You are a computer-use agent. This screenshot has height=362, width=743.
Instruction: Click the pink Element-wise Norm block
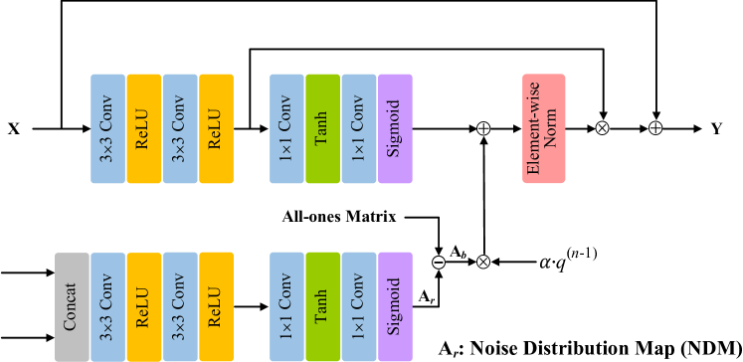(x=544, y=128)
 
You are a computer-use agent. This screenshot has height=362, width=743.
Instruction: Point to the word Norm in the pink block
(x=552, y=128)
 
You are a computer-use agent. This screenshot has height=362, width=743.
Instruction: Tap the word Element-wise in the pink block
(x=534, y=128)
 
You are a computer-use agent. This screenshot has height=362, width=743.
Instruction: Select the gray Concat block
(x=72, y=306)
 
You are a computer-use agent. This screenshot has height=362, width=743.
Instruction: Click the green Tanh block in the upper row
(x=322, y=128)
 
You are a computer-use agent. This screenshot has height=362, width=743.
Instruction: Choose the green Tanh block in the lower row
(x=322, y=306)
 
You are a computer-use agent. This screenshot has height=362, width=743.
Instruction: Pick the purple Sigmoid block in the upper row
(x=395, y=128)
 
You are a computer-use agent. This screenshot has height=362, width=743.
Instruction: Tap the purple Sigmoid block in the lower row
(x=395, y=306)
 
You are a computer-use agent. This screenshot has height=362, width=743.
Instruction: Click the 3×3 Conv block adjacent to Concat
(x=107, y=306)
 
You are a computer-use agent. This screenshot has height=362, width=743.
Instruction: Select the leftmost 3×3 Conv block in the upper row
(x=107, y=128)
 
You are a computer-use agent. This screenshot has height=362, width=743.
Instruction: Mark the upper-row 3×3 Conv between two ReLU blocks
(x=180, y=128)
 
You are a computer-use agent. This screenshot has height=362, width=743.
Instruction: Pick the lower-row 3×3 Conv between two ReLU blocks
(x=180, y=306)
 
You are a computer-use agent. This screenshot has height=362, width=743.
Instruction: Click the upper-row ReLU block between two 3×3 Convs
(x=143, y=128)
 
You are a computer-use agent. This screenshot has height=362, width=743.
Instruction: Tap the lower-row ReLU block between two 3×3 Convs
(x=143, y=306)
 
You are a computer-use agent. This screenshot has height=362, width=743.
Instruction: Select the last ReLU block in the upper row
(x=216, y=128)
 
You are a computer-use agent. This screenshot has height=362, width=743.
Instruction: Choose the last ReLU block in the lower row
(x=216, y=306)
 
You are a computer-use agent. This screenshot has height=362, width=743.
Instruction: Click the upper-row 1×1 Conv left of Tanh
(x=286, y=128)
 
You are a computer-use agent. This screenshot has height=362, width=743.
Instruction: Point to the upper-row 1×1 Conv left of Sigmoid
(x=358, y=128)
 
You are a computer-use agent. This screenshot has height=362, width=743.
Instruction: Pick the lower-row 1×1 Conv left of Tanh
(x=286, y=306)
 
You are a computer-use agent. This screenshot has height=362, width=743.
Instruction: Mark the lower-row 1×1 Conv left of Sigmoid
(x=358, y=306)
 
